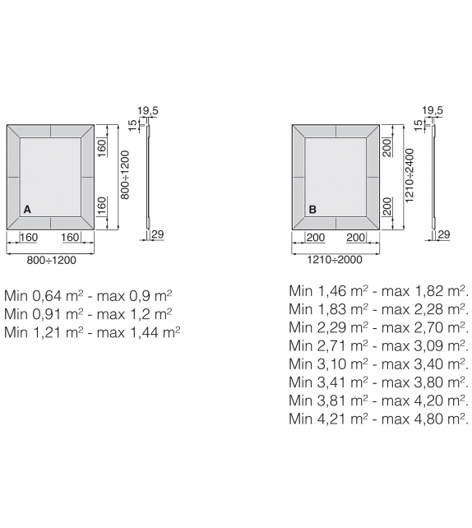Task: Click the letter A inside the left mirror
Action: pos(27,210)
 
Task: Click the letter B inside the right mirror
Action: pos(312,210)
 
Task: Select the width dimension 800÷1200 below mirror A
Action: pos(52,260)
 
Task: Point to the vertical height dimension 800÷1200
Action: pos(125,174)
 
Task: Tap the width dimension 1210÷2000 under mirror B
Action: pos(335,260)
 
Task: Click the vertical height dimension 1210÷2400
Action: pos(410,175)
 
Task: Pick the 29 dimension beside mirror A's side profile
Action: pos(158,234)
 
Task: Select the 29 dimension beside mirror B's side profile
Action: pos(444,234)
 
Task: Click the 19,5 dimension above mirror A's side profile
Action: pos(147,110)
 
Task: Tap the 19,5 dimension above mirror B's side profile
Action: pos(433,110)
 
